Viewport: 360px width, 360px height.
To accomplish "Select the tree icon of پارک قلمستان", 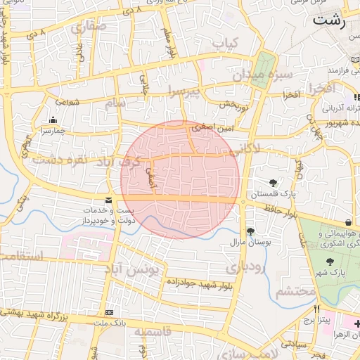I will (x=274, y=183).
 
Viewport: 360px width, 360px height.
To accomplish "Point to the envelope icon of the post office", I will (x=108, y=200).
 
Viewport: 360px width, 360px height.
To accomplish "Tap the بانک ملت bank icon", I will (x=109, y=312).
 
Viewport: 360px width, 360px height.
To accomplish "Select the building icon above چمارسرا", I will (x=53, y=120).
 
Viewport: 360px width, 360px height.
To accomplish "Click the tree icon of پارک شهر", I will (x=330, y=262).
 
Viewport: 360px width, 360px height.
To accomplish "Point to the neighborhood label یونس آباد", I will (x=139, y=269).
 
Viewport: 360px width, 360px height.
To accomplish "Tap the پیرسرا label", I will (x=181, y=91).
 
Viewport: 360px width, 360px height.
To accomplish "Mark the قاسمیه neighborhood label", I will (x=153, y=332).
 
